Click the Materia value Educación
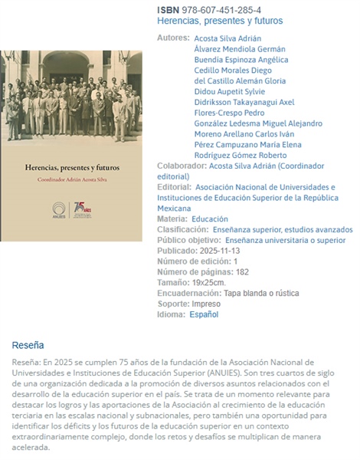210,219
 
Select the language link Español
204,314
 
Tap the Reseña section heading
28,345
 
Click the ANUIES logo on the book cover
59,209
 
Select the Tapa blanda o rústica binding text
261,293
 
